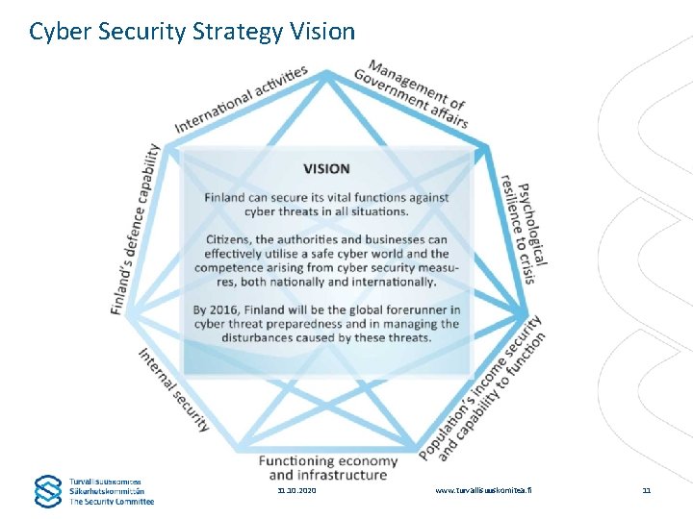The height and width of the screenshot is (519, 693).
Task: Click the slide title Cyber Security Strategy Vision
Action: pos(192,31)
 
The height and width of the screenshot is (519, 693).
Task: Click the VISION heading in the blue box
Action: pos(326,169)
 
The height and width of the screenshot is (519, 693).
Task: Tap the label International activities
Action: pos(242,98)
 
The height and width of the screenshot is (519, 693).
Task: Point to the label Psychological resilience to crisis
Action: pos(526,224)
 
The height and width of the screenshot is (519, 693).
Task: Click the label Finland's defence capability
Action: pos(136,230)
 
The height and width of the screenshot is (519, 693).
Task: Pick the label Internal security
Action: pos(173,388)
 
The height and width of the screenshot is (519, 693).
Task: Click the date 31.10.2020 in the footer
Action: pos(295,490)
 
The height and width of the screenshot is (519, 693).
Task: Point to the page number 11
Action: pos(647,490)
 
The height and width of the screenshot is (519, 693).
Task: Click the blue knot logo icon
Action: pos(48,490)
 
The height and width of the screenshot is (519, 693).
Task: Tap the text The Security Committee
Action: pos(111,501)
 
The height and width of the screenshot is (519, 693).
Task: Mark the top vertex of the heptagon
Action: pos(327,71)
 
